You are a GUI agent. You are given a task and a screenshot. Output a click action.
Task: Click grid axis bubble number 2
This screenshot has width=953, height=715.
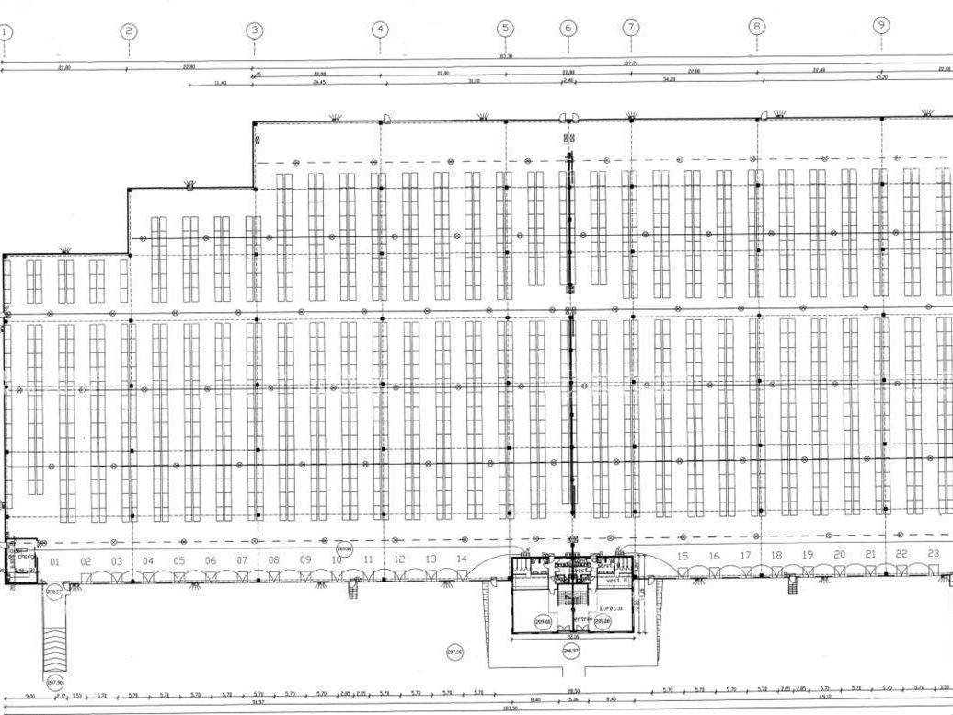pyautogui.click(x=129, y=31)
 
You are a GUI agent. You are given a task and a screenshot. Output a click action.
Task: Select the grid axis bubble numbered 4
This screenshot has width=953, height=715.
pyautogui.click(x=380, y=29)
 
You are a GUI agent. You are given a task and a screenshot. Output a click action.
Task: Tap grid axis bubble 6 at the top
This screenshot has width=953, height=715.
pyautogui.click(x=568, y=29)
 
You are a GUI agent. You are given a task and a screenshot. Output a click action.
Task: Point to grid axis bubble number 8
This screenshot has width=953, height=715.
pyautogui.click(x=756, y=27)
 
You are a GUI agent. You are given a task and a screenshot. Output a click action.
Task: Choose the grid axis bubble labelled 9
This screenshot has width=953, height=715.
pyautogui.click(x=881, y=25)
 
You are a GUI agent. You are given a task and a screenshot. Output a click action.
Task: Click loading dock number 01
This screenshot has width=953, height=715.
pyautogui.click(x=54, y=561)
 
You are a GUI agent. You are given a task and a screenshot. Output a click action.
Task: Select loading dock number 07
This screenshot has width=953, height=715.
pyautogui.click(x=242, y=560)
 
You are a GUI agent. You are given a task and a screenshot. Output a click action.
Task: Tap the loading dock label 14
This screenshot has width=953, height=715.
pyautogui.click(x=462, y=559)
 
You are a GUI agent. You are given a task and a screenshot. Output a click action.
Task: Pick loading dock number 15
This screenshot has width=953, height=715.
pyautogui.click(x=683, y=556)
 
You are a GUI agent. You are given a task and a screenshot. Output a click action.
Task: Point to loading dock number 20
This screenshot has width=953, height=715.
pyautogui.click(x=839, y=555)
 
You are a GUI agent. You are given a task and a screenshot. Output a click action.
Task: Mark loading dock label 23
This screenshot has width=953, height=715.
pyautogui.click(x=933, y=553)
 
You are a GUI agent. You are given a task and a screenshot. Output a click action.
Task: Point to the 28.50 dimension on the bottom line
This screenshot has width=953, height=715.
pyautogui.click(x=573, y=691)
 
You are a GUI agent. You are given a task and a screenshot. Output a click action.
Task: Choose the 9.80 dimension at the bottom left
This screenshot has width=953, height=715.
pyautogui.click(x=29, y=696)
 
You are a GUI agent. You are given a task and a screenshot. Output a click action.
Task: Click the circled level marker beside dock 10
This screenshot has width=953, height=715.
pyautogui.click(x=344, y=549)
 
